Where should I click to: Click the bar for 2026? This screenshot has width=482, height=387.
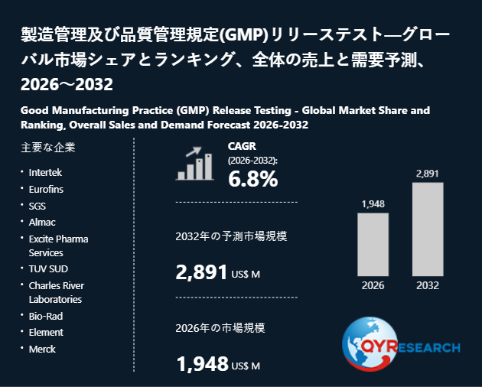click(x=373, y=245)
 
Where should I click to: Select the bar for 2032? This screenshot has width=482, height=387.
click(x=428, y=229)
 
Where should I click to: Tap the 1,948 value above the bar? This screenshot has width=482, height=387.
click(x=373, y=203)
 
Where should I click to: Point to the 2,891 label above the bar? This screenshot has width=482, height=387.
click(x=427, y=174)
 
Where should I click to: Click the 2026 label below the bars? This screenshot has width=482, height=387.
click(x=373, y=285)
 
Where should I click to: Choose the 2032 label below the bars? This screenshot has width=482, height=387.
click(x=428, y=285)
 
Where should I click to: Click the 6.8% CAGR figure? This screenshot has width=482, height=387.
click(x=253, y=179)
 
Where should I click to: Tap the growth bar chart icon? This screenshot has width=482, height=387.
click(x=195, y=163)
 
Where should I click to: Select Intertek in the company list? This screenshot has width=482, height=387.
click(x=45, y=172)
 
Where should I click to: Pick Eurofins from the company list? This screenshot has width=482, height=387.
click(x=46, y=190)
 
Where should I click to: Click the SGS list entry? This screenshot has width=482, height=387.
click(x=37, y=206)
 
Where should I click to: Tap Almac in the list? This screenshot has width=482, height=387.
click(x=42, y=223)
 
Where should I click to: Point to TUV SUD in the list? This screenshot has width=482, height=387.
click(x=48, y=269)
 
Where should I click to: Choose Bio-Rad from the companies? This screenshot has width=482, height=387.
click(x=46, y=316)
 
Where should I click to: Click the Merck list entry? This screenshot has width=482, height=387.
click(x=42, y=350)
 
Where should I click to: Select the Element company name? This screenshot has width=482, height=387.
click(x=46, y=332)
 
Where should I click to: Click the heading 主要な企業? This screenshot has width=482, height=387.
click(x=48, y=148)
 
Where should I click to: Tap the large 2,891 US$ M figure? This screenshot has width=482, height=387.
click(x=217, y=272)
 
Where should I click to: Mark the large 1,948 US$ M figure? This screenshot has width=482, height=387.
click(x=218, y=364)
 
